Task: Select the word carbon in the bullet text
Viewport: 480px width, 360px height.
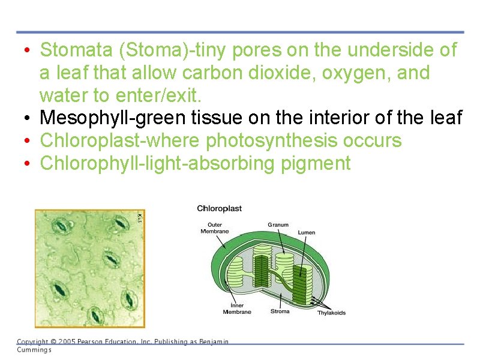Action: pos(210,73)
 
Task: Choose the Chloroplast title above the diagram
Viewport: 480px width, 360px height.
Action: pos(220,208)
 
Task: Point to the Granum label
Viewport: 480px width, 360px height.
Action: pos(278,225)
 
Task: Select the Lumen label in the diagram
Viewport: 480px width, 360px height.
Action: pos(306,232)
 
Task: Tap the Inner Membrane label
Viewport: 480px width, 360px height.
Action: pos(237,308)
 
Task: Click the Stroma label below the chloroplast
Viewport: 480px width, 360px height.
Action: pos(280,311)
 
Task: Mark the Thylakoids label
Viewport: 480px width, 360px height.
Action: pos(331,313)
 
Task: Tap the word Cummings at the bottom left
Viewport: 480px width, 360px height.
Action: pos(34,350)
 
